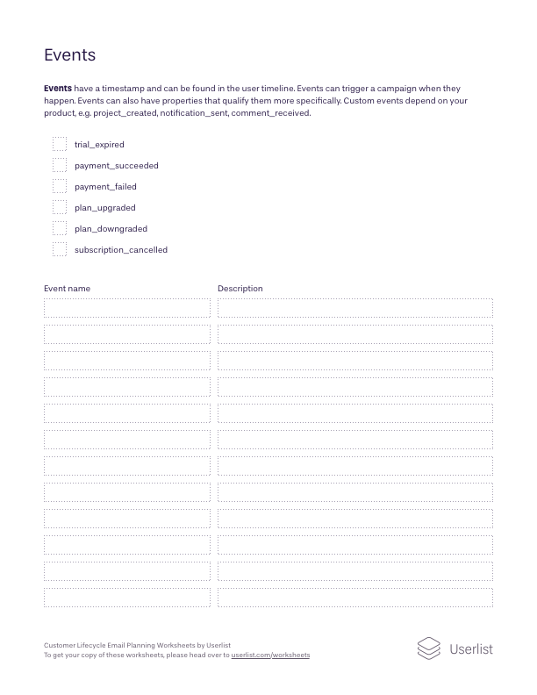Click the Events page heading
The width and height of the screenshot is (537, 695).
[x=69, y=55]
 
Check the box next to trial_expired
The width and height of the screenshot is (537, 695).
[x=60, y=144]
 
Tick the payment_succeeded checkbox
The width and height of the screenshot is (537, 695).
[x=60, y=165]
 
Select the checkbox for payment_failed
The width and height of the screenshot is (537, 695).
[x=60, y=186]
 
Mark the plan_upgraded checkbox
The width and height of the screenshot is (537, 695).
[x=60, y=207]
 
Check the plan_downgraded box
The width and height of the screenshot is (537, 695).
[x=60, y=228]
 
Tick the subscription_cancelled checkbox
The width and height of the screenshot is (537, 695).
[x=60, y=249]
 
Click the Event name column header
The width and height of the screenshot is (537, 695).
[x=67, y=289]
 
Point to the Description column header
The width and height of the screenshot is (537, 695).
[x=240, y=289]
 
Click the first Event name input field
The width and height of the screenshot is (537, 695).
[x=127, y=308]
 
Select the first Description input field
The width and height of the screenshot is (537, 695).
[x=354, y=308]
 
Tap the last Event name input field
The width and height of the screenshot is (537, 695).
[x=127, y=598]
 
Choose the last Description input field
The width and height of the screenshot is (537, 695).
[x=354, y=598]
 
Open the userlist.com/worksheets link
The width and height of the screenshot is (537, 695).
[x=270, y=656]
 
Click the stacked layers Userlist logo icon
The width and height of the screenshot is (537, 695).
[x=428, y=648]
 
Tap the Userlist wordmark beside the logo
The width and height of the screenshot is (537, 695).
[x=471, y=649]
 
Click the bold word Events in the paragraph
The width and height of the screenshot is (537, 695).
[x=58, y=89]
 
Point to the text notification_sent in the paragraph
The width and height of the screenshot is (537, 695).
[x=194, y=113]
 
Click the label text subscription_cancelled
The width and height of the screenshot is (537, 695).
[x=121, y=250]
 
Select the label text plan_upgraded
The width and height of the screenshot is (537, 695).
[x=105, y=208]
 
